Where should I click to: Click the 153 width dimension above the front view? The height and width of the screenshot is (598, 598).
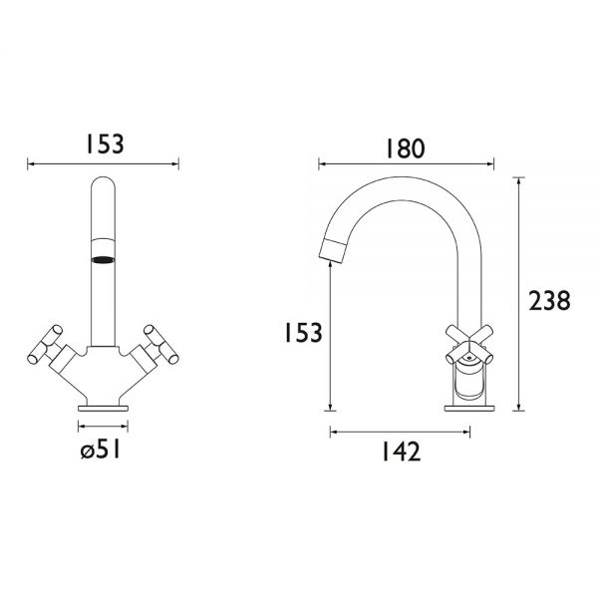pos(105,145)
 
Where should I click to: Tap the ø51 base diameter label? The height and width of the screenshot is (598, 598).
pos(101,448)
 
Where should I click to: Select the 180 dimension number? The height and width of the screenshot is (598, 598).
pos(405,149)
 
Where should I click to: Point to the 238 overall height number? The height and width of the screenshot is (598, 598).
pos(549,300)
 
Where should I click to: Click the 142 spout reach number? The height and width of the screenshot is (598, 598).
pos(402,451)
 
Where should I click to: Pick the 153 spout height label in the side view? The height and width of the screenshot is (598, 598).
pos(304,332)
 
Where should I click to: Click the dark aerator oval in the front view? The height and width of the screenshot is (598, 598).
pos(103,260)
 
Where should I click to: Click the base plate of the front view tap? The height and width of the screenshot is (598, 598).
pos(103,409)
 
